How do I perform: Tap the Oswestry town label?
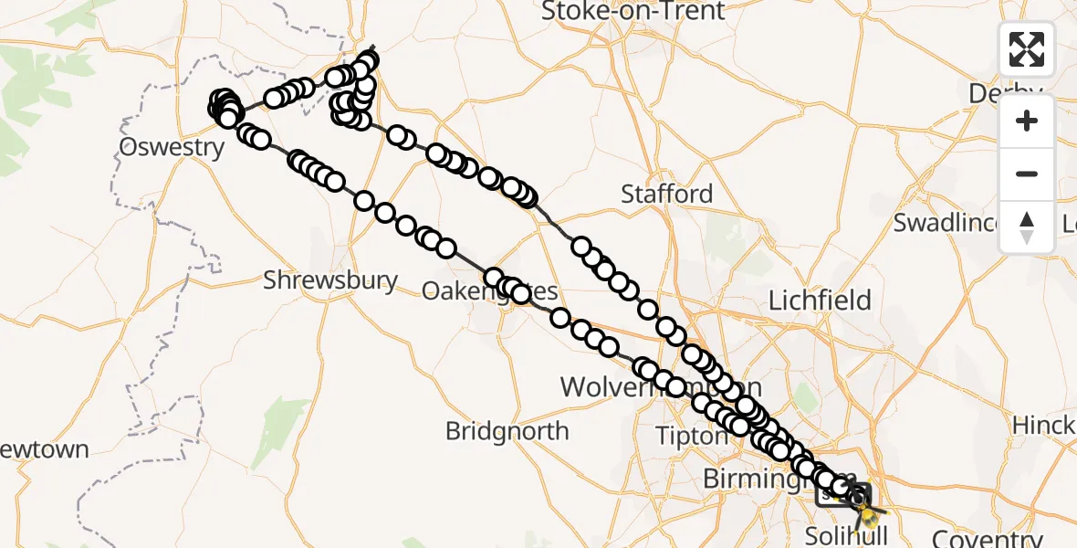pyautogui.click(x=173, y=148)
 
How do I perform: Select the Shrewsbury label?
pyautogui.click(x=330, y=280)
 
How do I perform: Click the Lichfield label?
pyautogui.click(x=820, y=300)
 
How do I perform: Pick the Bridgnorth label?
pyautogui.click(x=507, y=430)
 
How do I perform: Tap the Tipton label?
pyautogui.click(x=691, y=436)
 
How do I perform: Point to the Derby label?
pyautogui.click(x=1016, y=93)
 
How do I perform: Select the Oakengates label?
pyautogui.click(x=489, y=291)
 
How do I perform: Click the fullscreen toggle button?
pyautogui.click(x=1027, y=49)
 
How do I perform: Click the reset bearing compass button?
pyautogui.click(x=1027, y=227)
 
